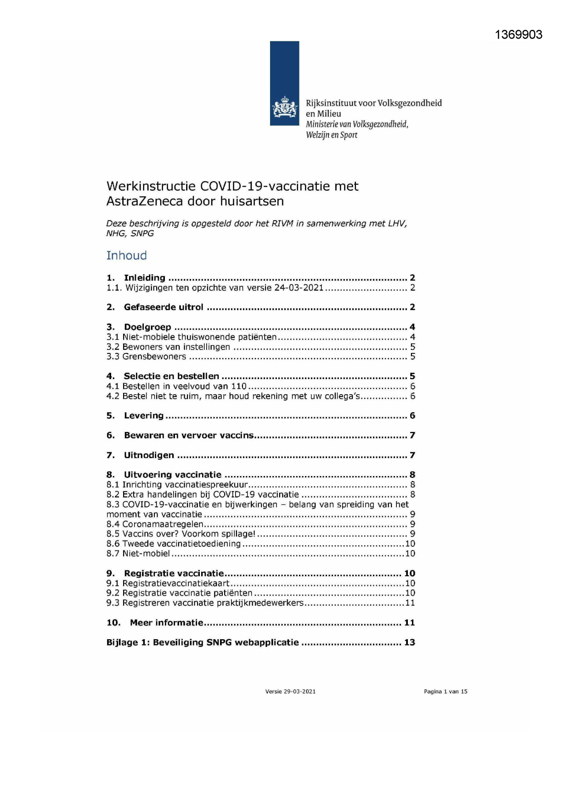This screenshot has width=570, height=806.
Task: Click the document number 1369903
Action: click(x=519, y=35)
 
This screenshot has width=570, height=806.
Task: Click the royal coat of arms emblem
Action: click(x=285, y=108)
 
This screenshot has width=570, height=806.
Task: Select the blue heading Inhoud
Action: click(x=126, y=255)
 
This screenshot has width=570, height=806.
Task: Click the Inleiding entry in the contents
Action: click(x=144, y=278)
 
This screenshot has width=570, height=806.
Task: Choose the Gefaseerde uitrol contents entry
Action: click(x=163, y=307)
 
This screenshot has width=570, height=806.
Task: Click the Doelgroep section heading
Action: click(x=147, y=327)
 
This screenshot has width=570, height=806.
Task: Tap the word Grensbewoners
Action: click(x=154, y=357)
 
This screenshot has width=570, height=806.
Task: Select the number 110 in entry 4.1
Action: click(x=239, y=386)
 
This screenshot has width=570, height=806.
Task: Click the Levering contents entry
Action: click(x=143, y=415)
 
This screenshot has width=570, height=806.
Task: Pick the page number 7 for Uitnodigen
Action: click(x=412, y=455)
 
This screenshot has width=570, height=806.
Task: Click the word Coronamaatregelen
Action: click(x=163, y=524)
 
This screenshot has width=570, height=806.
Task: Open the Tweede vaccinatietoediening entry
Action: click(x=181, y=544)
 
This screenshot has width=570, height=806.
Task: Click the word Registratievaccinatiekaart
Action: click(x=175, y=583)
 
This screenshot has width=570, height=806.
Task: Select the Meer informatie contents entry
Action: click(x=166, y=623)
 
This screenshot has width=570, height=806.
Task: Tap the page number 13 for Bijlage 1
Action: click(x=409, y=642)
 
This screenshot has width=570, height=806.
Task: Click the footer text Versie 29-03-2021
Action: click(x=290, y=691)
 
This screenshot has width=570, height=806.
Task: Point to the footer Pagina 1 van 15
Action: click(x=446, y=691)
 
